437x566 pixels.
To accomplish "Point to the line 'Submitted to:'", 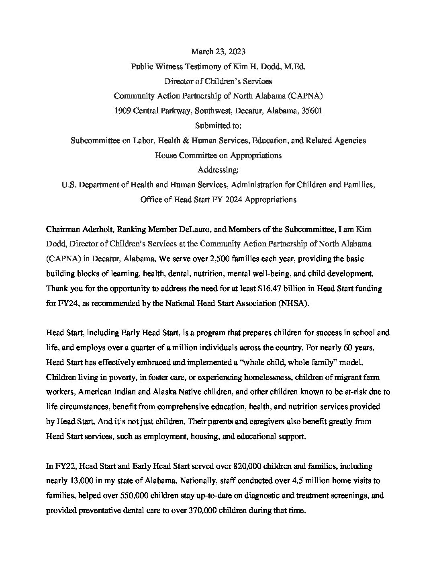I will tap(218, 125).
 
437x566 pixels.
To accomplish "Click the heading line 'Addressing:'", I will tap(218, 170).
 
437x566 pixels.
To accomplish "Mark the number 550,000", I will tap(135, 495).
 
